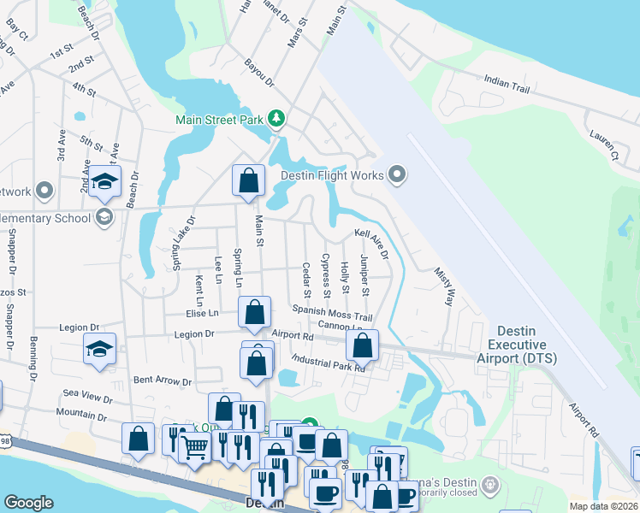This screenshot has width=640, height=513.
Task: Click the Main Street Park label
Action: tap(219, 120)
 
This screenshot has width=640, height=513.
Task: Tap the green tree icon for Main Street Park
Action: tap(276, 119)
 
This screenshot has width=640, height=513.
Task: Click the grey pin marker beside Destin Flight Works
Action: tap(395, 175)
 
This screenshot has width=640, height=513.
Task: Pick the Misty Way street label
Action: tap(445, 285)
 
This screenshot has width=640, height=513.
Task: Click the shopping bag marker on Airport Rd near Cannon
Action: tap(362, 345)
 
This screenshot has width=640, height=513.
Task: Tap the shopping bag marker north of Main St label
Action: tap(248, 180)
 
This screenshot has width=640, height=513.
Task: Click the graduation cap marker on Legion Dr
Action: tap(99, 349)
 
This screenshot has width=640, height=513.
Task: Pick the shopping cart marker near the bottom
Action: tap(196, 444)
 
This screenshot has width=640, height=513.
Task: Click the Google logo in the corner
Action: tap(29, 502)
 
